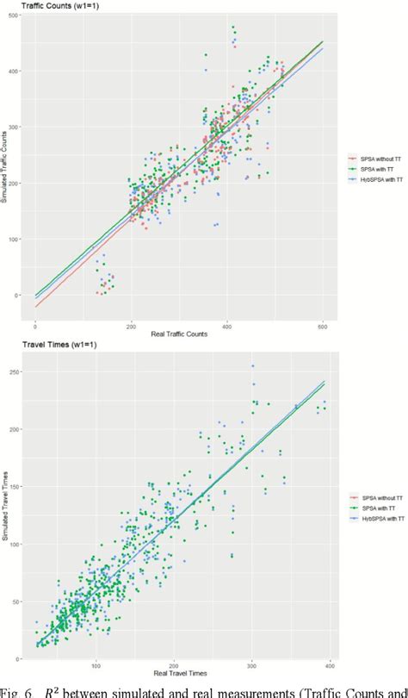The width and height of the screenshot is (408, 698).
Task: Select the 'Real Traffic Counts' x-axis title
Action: pyautogui.click(x=179, y=333)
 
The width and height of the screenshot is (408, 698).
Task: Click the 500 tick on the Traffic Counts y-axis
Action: pyautogui.click(x=14, y=16)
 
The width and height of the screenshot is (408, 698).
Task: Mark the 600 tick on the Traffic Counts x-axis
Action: pyautogui.click(x=323, y=326)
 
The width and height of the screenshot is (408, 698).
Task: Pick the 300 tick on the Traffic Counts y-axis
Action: pyautogui.click(x=14, y=128)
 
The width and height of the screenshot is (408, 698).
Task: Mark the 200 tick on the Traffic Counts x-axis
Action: pyautogui.click(x=131, y=326)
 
